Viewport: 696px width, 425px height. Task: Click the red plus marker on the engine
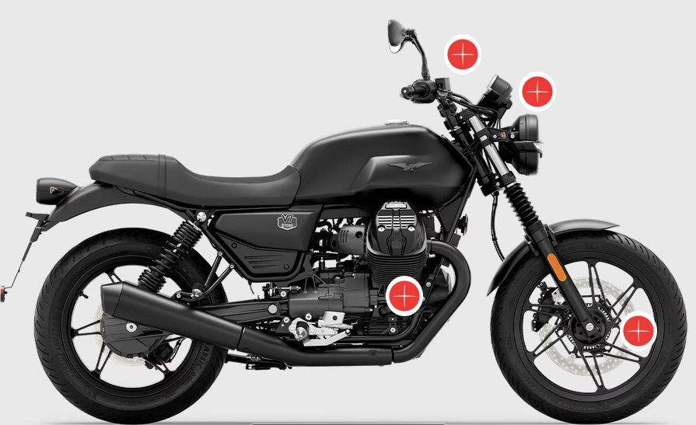(404, 295)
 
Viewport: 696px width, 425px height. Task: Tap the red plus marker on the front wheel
(638, 332)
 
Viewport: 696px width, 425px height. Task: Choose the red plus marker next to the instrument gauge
(536, 92)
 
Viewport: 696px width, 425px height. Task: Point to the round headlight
(530, 144)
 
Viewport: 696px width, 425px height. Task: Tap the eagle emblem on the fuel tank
(410, 165)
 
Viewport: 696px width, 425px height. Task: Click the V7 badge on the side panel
(287, 222)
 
